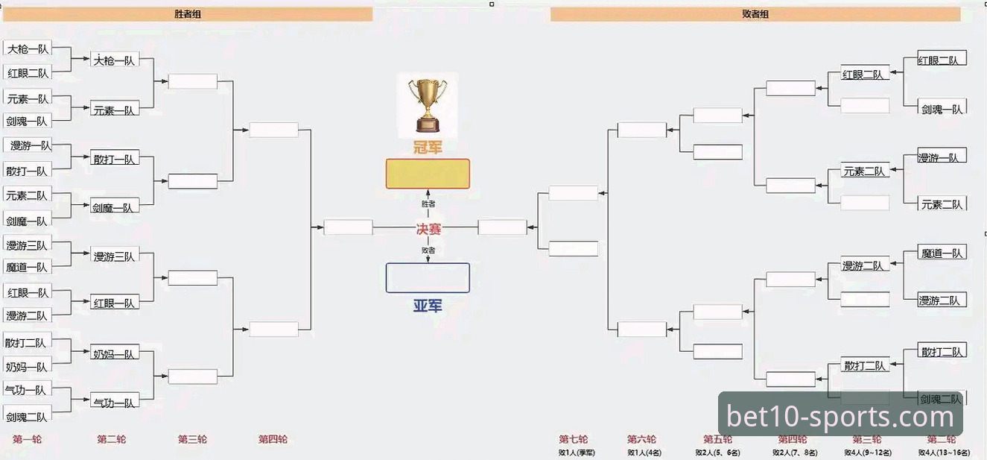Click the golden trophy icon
click(x=428, y=104)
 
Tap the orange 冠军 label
click(x=428, y=148)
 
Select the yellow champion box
click(x=428, y=174)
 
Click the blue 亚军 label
click(x=428, y=305)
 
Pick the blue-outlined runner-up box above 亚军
click(x=428, y=277)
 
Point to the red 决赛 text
click(x=428, y=229)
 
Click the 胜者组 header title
click(x=187, y=13)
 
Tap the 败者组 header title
click(x=755, y=13)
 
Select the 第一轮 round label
click(x=28, y=439)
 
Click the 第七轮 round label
click(x=574, y=439)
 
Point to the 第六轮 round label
click(x=641, y=439)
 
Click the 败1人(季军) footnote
click(x=577, y=453)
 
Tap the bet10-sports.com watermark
click(x=840, y=416)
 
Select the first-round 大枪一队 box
click(x=28, y=49)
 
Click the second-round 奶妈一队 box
click(x=114, y=354)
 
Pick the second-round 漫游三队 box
click(x=114, y=256)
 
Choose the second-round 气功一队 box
click(x=114, y=403)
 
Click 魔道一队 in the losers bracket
click(x=942, y=253)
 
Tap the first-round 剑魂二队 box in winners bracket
click(x=27, y=417)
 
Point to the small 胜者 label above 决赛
click(x=428, y=204)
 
